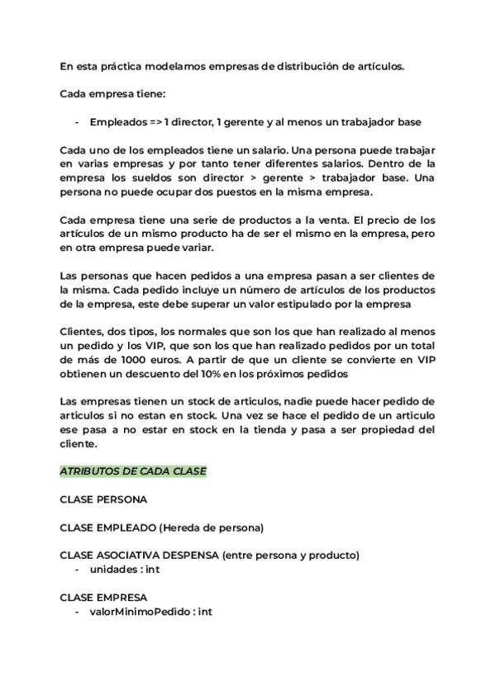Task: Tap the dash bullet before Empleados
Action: pos(76,122)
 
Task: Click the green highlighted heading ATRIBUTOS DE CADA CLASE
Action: pos(133,471)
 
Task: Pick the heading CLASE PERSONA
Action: pos(104,499)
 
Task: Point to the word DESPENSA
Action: pos(191,556)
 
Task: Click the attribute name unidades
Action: pos(116,570)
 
